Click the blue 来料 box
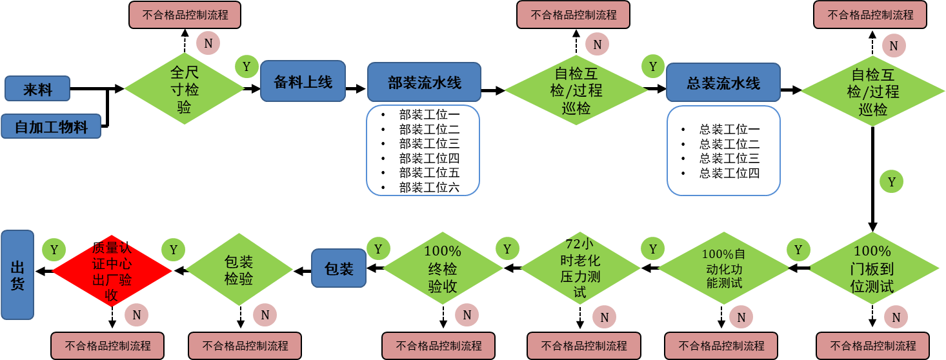37,89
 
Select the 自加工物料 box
51,126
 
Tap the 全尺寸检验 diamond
185,89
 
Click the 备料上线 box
303,81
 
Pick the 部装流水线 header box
424,82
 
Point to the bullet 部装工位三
429,143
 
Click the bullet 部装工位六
429,188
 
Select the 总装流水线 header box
723,83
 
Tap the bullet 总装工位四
729,173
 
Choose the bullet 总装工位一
729,129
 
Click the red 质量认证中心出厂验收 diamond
112,271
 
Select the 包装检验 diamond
239,270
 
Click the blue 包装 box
339,268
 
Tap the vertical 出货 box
17,274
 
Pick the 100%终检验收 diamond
443,269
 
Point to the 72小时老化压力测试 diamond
579,268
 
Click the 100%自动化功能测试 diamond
723,268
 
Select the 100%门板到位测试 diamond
872,269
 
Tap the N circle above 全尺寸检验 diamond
208,43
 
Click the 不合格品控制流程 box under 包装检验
245,345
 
